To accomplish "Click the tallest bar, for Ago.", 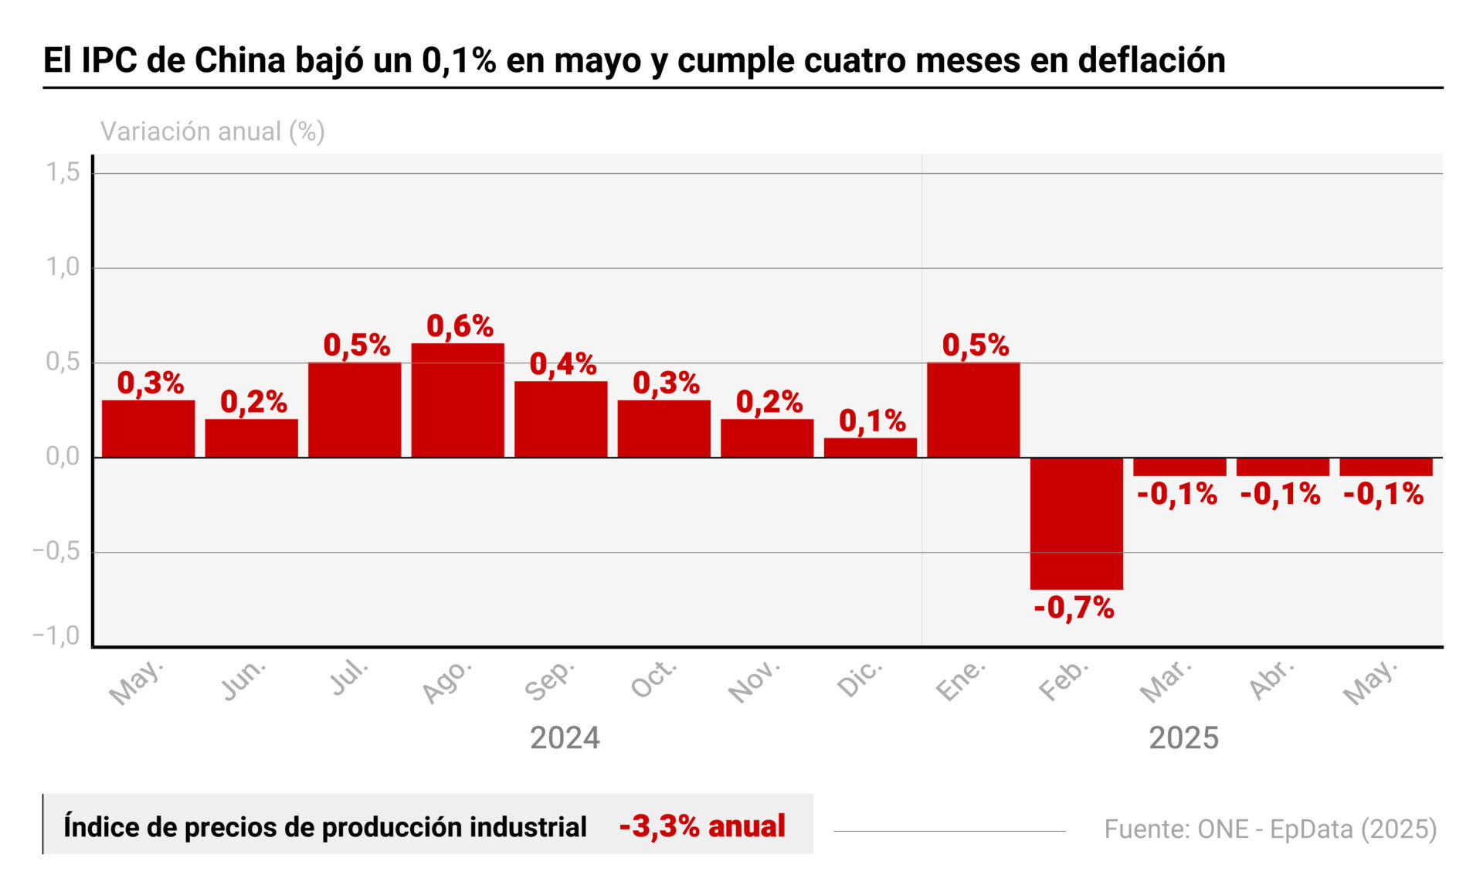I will [x=457, y=400].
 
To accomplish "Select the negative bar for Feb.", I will [x=1076, y=523].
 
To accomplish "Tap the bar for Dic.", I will [x=870, y=448].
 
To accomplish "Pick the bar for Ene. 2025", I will [x=973, y=410].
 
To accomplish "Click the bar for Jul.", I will [x=355, y=410].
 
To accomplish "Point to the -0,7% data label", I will [x=1074, y=608].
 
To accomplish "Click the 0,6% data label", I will [x=460, y=326].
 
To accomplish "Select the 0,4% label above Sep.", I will [x=563, y=364].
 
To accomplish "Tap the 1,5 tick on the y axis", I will [x=63, y=172].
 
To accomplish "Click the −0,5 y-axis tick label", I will [x=56, y=551].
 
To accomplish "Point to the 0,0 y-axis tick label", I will [x=63, y=457].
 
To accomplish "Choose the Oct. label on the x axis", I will [x=653, y=679].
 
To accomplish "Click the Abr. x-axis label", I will [x=1271, y=679].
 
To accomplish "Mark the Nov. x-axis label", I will [x=754, y=682].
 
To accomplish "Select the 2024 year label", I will [x=565, y=738].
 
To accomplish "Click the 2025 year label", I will [x=1183, y=738].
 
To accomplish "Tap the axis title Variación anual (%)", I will [x=212, y=131].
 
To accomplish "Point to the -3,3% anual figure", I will [x=702, y=826].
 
